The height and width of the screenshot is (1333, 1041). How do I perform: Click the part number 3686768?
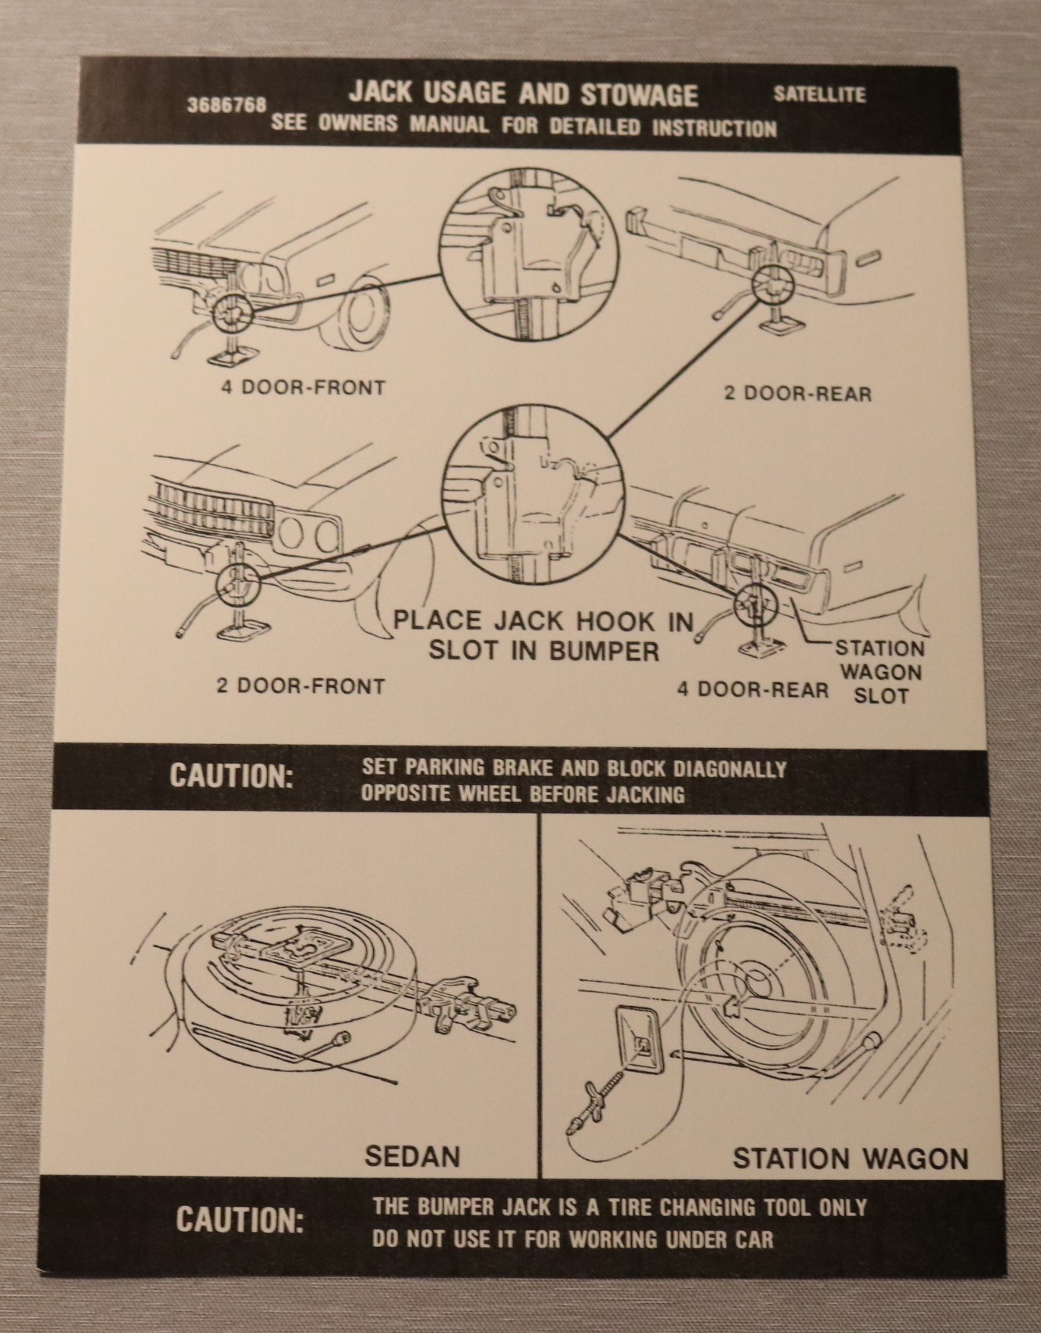click(227, 105)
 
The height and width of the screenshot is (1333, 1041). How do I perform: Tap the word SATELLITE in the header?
click(819, 95)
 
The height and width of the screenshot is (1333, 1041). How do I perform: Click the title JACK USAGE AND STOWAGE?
click(523, 94)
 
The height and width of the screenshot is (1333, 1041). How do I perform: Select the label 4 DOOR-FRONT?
click(303, 387)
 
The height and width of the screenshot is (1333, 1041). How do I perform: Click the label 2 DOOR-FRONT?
click(301, 687)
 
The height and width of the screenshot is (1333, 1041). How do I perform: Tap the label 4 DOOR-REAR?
click(753, 689)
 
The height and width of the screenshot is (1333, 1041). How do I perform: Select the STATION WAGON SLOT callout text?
click(880, 671)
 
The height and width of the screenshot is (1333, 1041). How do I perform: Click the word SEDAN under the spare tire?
click(412, 1157)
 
